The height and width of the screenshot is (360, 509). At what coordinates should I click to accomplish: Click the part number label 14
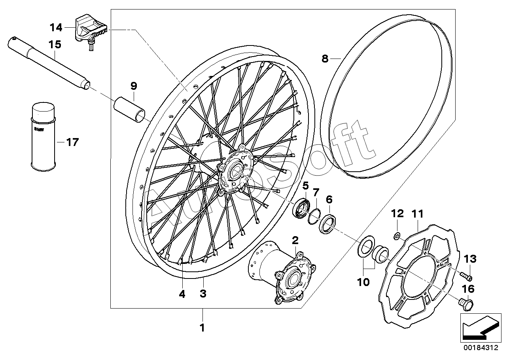(56, 28)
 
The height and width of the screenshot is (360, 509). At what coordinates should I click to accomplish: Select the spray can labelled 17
(42, 136)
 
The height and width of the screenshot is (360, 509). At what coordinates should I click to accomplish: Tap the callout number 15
(55, 44)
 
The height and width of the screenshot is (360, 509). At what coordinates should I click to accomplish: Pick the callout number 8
(325, 59)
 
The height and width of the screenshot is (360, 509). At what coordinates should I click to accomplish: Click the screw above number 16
(467, 304)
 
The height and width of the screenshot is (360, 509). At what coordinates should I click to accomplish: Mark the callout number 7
(316, 193)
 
